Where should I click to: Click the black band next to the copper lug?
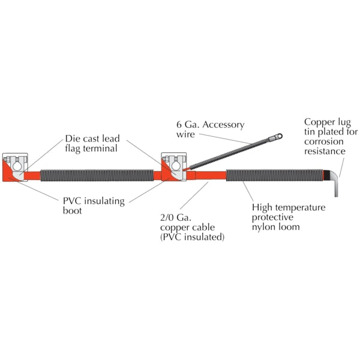326,175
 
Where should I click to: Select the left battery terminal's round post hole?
17,166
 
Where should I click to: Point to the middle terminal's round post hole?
176,166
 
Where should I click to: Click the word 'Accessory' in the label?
223,125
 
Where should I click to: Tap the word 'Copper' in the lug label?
318,122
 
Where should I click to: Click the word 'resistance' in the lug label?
325,151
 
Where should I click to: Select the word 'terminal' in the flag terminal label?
100,148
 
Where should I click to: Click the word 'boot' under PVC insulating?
73,211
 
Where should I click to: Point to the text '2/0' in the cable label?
166,217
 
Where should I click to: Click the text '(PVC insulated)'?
192,237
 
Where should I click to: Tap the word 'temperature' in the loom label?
301,208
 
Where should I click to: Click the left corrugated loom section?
97,176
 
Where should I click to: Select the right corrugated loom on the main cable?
275,175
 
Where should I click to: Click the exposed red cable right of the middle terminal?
211,176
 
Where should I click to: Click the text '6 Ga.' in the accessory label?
188,125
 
